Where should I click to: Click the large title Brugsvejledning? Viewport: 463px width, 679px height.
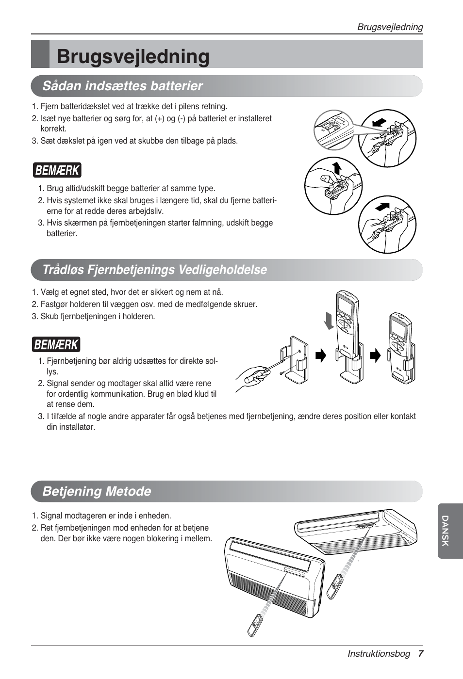(x=133, y=56)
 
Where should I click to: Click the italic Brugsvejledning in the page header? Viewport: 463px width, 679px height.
(x=390, y=27)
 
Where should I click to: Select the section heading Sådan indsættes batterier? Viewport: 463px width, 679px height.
(x=122, y=86)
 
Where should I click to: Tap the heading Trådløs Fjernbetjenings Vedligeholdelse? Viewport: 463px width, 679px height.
(x=154, y=270)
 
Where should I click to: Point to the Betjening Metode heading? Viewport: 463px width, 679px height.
(x=97, y=491)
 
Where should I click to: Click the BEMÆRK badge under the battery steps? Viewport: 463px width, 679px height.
(x=57, y=171)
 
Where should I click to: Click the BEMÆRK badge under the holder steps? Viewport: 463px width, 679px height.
(x=57, y=345)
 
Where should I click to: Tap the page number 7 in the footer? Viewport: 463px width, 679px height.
(x=421, y=654)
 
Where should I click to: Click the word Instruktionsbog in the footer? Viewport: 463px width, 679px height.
(x=379, y=654)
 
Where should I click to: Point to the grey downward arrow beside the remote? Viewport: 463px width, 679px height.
(x=330, y=321)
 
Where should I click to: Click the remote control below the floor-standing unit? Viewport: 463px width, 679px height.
(x=255, y=625)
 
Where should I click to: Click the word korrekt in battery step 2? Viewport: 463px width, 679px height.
(x=53, y=129)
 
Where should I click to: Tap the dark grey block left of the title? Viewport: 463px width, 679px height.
(x=40, y=54)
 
